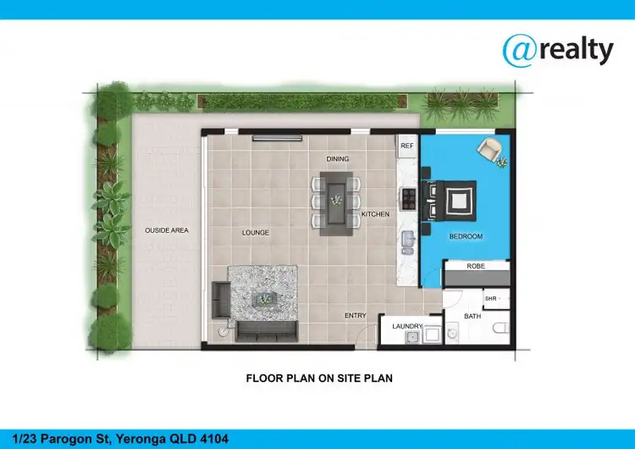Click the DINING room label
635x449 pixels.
pos(338,158)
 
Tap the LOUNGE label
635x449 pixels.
pos(255,232)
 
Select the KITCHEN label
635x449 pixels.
pos(375,214)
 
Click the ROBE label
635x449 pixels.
pos(476,266)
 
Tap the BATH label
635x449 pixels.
pos(472,317)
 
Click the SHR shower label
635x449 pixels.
pos(490,298)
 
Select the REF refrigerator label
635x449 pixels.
pos(406,146)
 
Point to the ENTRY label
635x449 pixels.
pos(356,316)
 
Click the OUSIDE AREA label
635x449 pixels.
pos(166,230)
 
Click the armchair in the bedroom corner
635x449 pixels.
pos(490,151)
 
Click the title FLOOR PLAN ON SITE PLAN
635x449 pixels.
pos(319,379)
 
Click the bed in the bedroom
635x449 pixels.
pos(452,199)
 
